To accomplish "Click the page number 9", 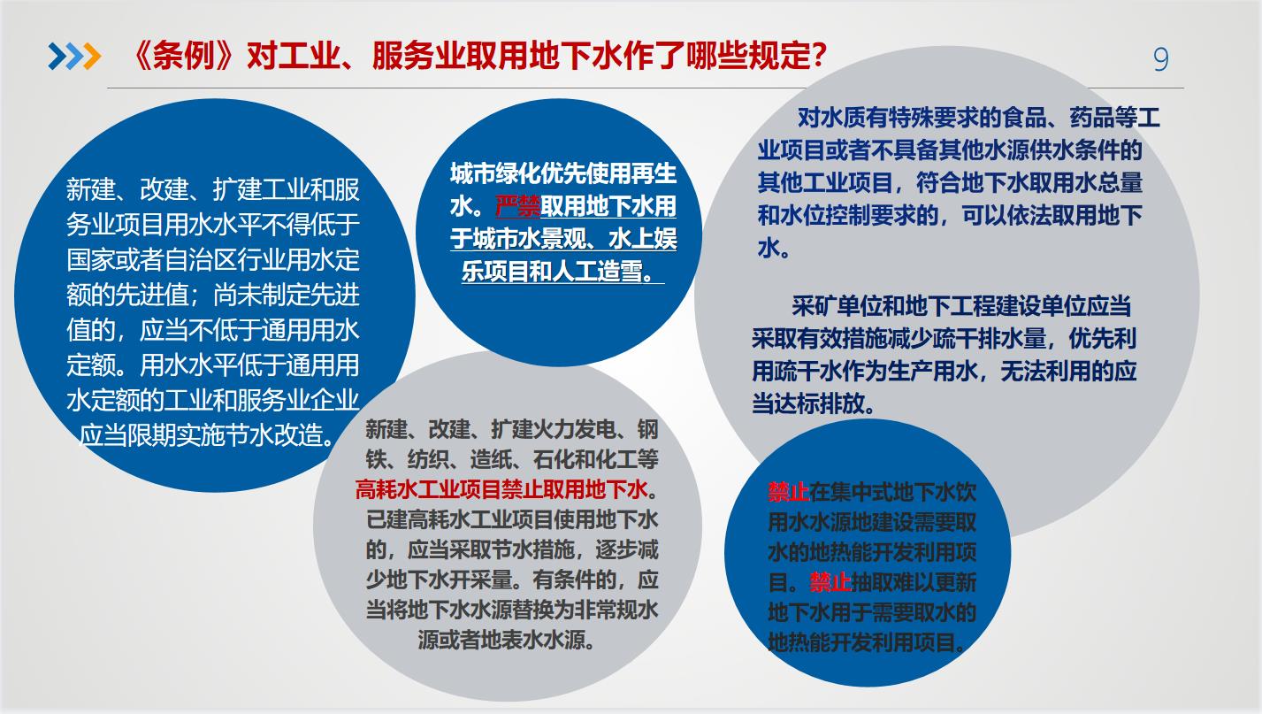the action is click(x=1160, y=59).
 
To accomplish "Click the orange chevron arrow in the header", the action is click(x=92, y=57).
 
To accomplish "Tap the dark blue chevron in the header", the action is click(x=57, y=57).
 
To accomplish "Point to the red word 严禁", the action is click(x=517, y=207).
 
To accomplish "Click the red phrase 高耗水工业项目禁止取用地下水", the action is click(x=501, y=489).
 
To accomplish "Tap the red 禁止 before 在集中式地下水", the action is click(x=788, y=492).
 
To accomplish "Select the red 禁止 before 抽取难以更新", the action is click(x=830, y=581).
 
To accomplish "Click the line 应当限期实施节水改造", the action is click(x=207, y=434).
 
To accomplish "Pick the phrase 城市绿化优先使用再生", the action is click(x=562, y=173).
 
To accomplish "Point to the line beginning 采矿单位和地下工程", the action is click(x=961, y=306).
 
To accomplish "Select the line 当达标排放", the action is click(x=814, y=403).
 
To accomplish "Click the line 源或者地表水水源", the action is click(x=507, y=640).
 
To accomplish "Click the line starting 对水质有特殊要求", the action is click(x=979, y=117).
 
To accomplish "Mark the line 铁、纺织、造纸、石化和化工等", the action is click(x=511, y=459).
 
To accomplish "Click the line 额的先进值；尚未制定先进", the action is click(x=213, y=295).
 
